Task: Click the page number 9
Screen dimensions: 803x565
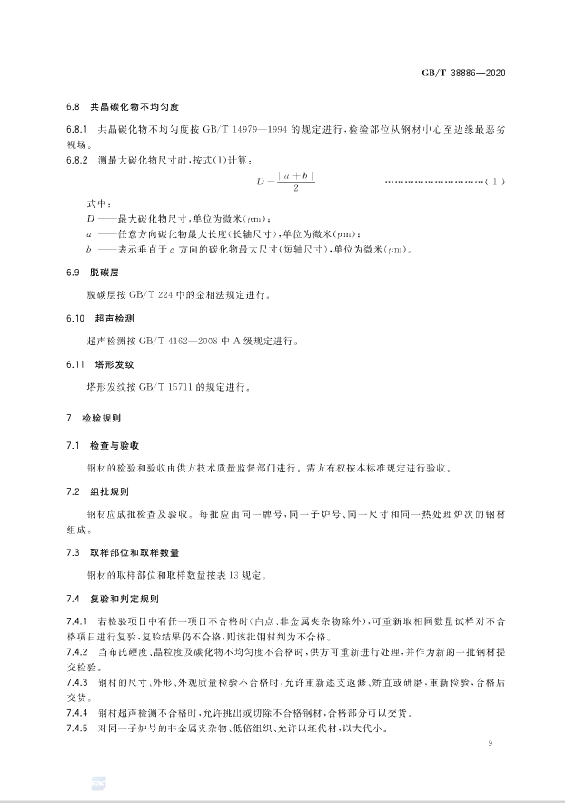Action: click(489, 745)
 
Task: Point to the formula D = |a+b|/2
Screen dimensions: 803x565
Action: click(285, 183)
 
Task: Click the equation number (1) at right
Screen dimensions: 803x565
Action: click(491, 182)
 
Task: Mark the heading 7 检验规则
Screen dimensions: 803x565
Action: click(99, 421)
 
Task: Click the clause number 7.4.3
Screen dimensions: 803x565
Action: click(75, 680)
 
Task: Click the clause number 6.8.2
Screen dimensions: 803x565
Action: click(75, 160)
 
